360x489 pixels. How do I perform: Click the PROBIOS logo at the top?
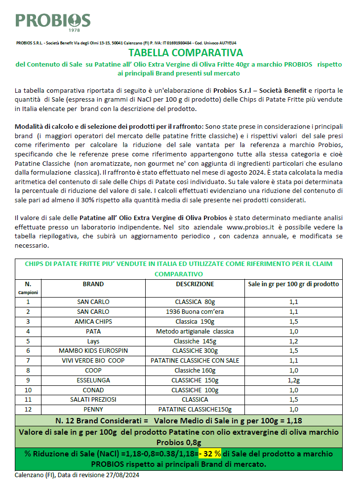pyautogui.click(x=53, y=20)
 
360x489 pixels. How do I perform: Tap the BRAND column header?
pyautogui.click(x=93, y=284)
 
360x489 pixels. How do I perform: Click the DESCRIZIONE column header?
pyautogui.click(x=195, y=284)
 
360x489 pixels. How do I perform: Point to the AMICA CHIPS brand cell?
pyautogui.click(x=93, y=321)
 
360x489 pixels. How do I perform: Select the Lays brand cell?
pyautogui.click(x=93, y=341)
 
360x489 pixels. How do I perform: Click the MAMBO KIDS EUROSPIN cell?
pyautogui.click(x=93, y=351)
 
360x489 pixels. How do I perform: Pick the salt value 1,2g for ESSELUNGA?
pyautogui.click(x=293, y=380)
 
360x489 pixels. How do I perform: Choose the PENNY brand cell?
pyautogui.click(x=93, y=410)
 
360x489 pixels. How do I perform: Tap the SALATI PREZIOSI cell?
pyautogui.click(x=93, y=400)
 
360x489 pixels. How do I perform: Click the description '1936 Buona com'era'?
pyautogui.click(x=195, y=312)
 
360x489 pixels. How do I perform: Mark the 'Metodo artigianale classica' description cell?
pyautogui.click(x=195, y=331)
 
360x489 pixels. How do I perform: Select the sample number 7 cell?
pyautogui.click(x=28, y=361)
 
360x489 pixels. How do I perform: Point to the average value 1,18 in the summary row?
pyautogui.click(x=293, y=421)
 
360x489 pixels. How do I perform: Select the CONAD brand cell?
pyautogui.click(x=93, y=390)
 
